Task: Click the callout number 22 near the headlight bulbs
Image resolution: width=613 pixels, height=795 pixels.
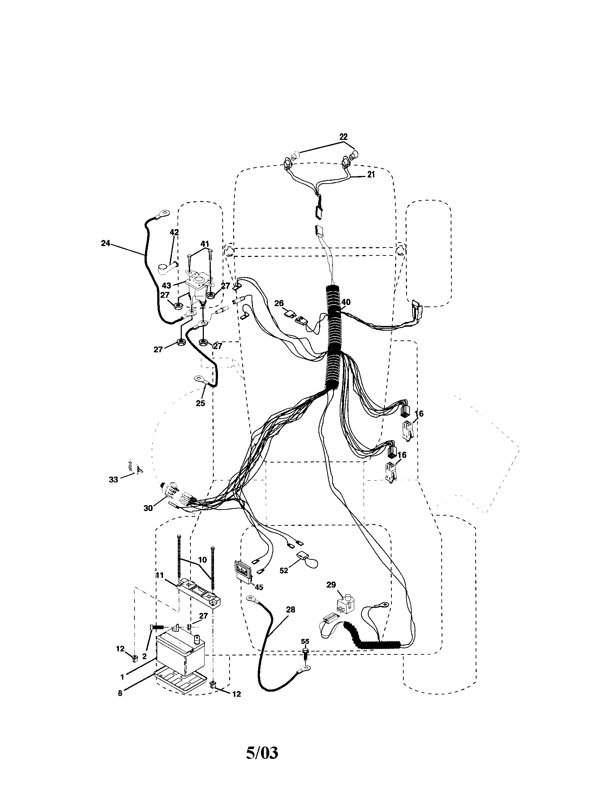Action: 343,137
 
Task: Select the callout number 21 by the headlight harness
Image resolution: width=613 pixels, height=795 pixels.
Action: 370,175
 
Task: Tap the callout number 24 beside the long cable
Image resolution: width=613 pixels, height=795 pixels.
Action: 105,244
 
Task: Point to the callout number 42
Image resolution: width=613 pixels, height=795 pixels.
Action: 174,232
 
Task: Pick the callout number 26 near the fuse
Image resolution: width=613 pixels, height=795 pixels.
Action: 279,303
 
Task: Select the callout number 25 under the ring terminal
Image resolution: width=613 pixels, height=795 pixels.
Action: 200,403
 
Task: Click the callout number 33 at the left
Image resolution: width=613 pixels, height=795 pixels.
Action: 113,480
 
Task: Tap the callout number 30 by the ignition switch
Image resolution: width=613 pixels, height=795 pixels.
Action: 148,508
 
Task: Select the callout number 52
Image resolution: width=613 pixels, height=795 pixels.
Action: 284,570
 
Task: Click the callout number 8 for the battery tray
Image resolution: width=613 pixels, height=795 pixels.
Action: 120,693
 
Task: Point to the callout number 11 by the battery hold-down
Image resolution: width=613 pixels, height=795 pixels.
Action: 159,575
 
